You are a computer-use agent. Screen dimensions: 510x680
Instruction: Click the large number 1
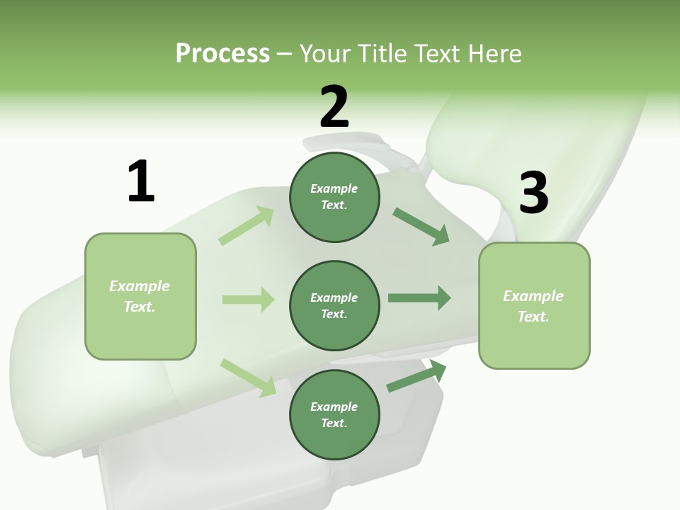click(141, 181)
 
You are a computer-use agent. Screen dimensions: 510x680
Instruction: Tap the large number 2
click(334, 106)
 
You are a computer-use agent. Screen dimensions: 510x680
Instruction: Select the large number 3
click(533, 193)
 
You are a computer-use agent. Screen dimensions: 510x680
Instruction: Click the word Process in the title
click(222, 53)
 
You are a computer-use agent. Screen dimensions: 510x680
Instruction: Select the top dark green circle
click(334, 197)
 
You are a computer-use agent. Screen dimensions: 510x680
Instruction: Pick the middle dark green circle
click(334, 305)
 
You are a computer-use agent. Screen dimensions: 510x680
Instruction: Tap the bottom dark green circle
click(334, 414)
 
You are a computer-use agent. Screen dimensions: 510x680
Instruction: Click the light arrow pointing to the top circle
click(246, 226)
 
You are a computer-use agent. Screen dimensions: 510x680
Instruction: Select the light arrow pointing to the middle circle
click(248, 300)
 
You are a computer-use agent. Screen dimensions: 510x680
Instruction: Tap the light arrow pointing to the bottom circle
click(248, 378)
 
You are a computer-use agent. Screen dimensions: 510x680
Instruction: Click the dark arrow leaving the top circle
click(421, 227)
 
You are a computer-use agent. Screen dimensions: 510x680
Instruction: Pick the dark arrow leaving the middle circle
click(419, 298)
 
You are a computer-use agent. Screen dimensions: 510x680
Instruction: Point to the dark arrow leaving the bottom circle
click(416, 376)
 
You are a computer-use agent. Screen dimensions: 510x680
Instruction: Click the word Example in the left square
click(140, 286)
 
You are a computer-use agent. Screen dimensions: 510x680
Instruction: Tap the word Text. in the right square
click(533, 317)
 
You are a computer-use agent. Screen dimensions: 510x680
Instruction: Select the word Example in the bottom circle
click(334, 407)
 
